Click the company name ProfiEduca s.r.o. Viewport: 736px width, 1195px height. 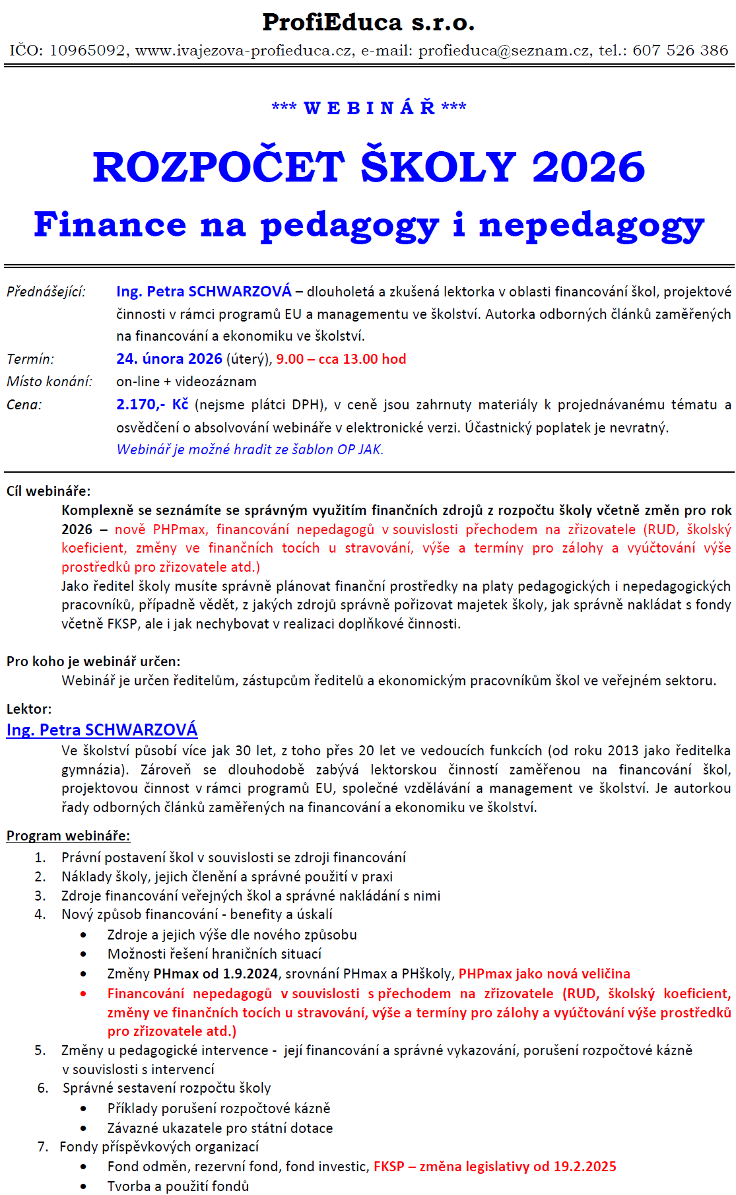pyautogui.click(x=368, y=22)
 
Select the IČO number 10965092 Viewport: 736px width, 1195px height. pyautogui.click(x=87, y=51)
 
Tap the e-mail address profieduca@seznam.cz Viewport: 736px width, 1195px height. pyautogui.click(x=504, y=51)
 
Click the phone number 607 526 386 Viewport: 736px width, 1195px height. pyautogui.click(x=680, y=51)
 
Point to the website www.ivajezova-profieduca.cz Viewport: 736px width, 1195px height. pyautogui.click(x=244, y=51)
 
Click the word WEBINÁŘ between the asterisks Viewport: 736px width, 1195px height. pyautogui.click(x=369, y=108)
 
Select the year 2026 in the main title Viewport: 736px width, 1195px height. pyautogui.click(x=588, y=166)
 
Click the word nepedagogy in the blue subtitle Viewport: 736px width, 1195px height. pyautogui.click(x=591, y=225)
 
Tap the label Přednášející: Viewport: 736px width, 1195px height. pyautogui.click(x=46, y=292)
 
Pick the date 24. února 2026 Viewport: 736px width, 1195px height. pyautogui.click(x=169, y=359)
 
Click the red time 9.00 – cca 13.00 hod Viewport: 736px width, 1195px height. pyautogui.click(x=341, y=359)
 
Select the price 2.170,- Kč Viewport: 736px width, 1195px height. pyautogui.click(x=152, y=405)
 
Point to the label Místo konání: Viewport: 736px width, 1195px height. pyautogui.click(x=50, y=382)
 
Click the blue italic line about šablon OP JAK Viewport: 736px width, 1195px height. pyautogui.click(x=250, y=450)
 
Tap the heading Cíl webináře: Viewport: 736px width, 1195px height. pyautogui.click(x=49, y=491)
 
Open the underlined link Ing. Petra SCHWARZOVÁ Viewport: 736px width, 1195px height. pyautogui.click(x=102, y=730)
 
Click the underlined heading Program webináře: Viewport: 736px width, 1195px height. pyautogui.click(x=68, y=836)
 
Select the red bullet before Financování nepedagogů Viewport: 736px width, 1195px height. pyautogui.click(x=83, y=994)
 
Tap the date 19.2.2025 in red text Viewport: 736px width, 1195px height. pyautogui.click(x=584, y=1167)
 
